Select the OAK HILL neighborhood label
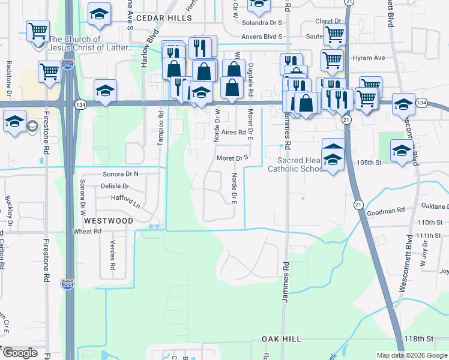point(282,339)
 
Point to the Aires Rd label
point(234,132)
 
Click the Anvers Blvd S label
point(262,36)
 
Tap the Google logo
point(20,353)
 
